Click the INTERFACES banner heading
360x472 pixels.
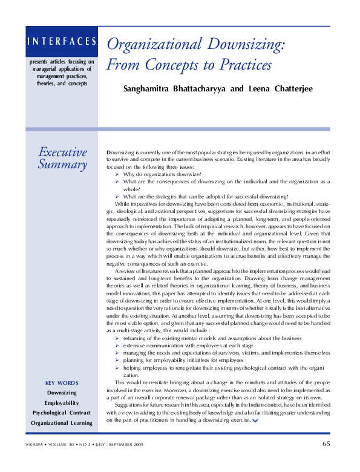click(61, 42)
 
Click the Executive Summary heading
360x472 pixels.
click(62, 158)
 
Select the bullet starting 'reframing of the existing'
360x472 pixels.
click(212, 338)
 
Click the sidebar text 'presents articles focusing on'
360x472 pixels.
click(62, 62)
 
